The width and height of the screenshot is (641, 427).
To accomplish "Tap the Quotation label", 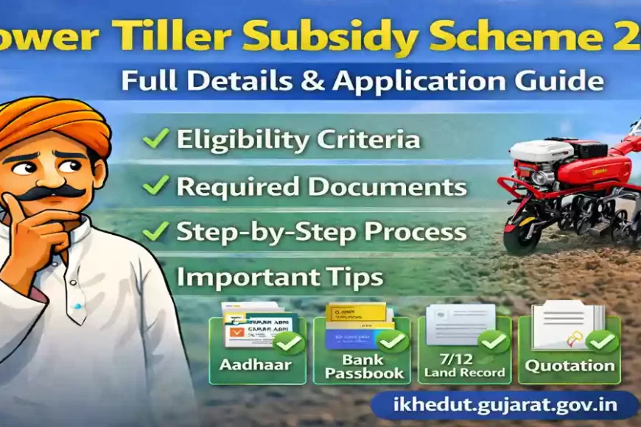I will coord(570,364).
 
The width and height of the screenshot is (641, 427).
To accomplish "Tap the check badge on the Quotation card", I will coord(603,342).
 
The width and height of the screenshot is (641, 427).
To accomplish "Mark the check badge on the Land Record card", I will coord(493,342).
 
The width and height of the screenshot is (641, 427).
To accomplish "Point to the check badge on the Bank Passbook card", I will coord(393,342).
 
